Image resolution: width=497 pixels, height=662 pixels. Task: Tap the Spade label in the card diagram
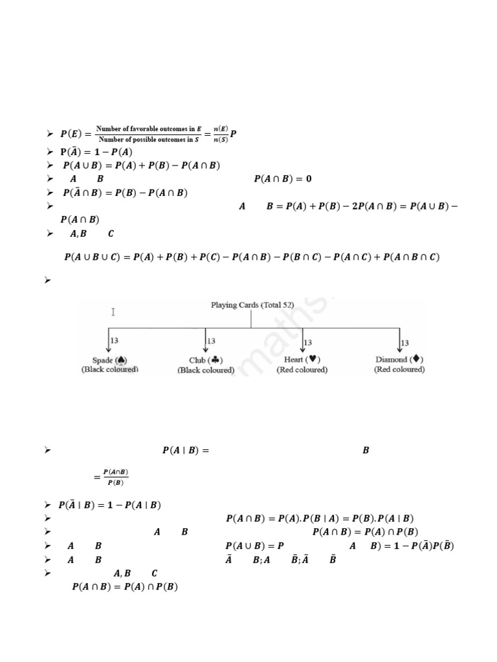coord(109,360)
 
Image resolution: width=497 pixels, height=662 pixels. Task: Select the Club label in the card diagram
coord(206,360)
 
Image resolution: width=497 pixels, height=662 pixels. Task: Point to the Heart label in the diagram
coord(302,359)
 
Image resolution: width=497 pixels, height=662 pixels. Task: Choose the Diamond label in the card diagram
coord(399,359)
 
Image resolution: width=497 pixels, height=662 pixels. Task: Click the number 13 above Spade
coord(115,340)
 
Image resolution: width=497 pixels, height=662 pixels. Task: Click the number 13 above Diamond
coord(406,342)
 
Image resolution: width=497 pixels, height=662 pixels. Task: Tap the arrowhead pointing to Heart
coord(303,350)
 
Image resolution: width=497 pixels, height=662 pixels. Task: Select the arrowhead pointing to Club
coord(206,350)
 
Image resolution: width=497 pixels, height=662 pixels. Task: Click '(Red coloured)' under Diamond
coord(399,369)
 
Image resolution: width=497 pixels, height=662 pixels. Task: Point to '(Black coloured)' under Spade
coord(109,370)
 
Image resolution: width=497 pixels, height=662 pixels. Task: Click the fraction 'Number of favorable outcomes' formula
coord(148,134)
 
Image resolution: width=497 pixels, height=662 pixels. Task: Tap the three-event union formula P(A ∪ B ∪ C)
coord(252,257)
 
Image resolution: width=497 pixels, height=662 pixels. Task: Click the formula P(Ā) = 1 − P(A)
coord(96,152)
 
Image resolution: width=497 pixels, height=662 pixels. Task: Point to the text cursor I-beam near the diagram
coord(113,312)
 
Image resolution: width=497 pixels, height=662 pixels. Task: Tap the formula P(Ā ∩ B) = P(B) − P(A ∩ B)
coord(125,192)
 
